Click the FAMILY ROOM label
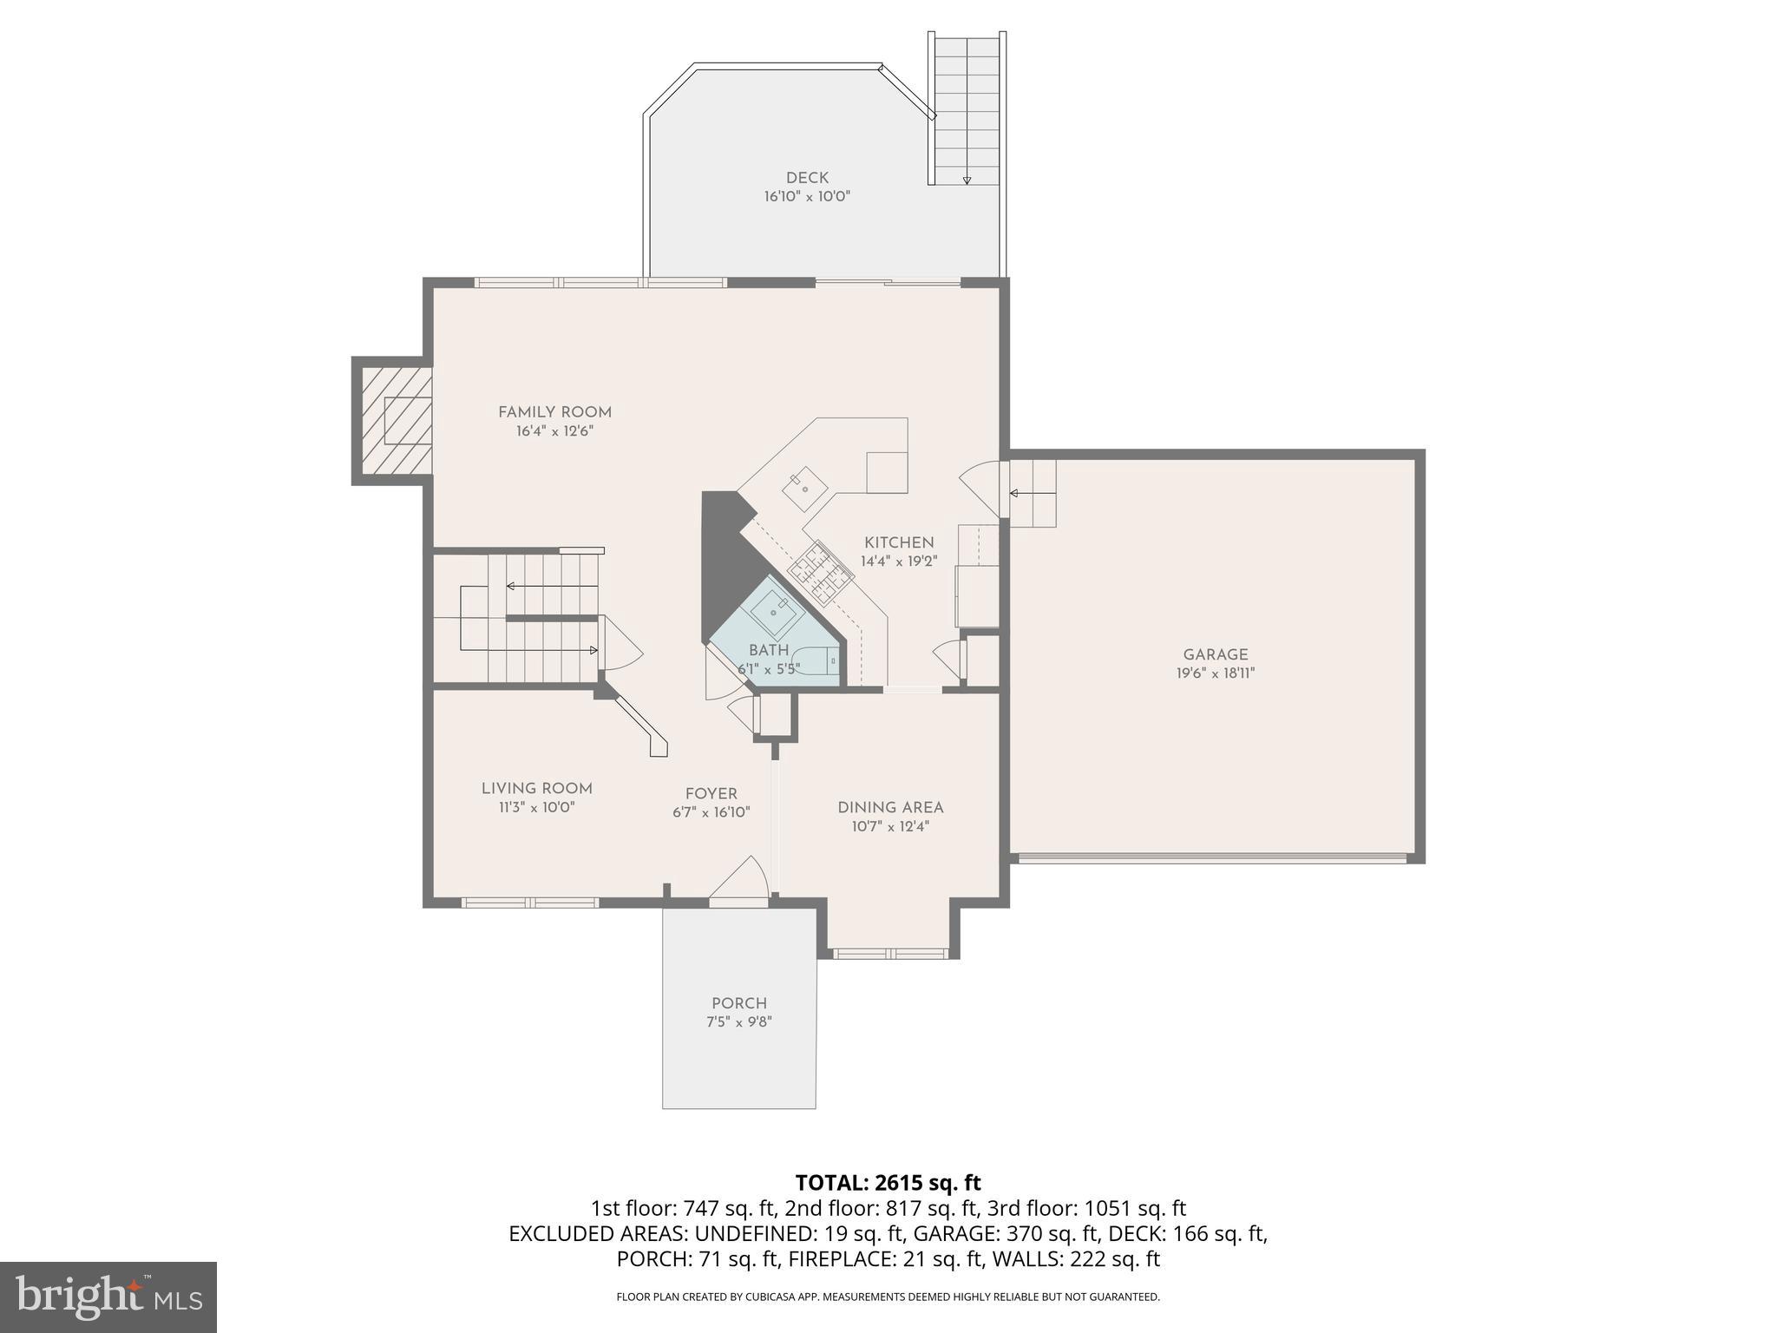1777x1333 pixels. click(x=554, y=412)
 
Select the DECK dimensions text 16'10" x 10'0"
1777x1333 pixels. click(x=807, y=197)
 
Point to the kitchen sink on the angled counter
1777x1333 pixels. click(x=804, y=489)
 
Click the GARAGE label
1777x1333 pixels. click(x=1215, y=655)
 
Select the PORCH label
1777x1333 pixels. click(x=738, y=1003)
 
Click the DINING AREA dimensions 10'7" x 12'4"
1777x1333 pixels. click(x=890, y=826)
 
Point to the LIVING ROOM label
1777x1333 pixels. click(x=536, y=788)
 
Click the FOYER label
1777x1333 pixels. click(x=711, y=793)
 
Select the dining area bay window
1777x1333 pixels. click(x=890, y=953)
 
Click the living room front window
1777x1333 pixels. click(x=529, y=903)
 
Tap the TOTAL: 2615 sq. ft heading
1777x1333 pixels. click(x=888, y=1182)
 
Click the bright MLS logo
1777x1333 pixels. click(x=108, y=1297)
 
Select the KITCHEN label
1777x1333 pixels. click(x=898, y=542)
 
